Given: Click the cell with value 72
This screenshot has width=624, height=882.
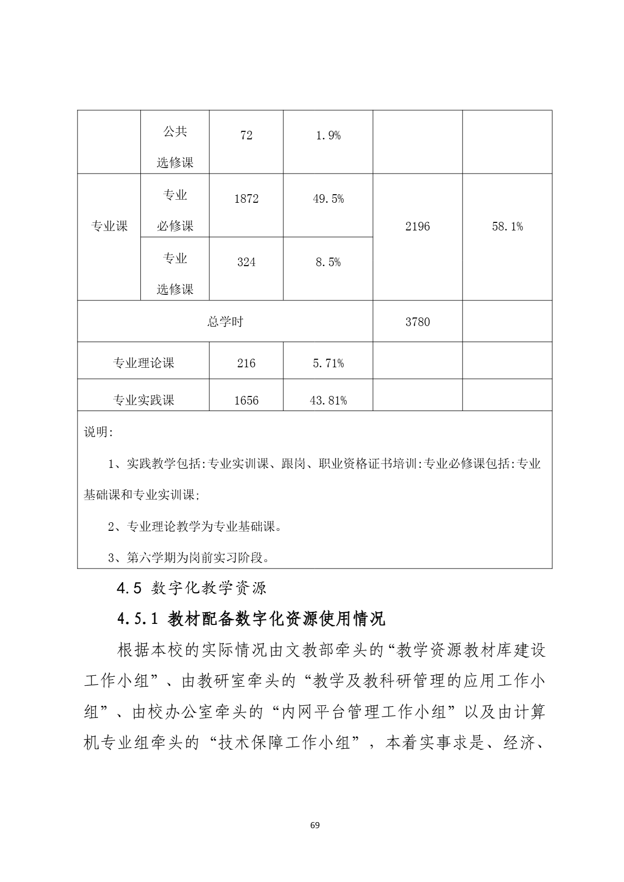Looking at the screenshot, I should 246,135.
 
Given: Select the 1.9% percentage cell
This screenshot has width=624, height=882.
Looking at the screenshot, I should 328,135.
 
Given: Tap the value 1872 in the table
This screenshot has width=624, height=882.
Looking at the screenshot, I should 246,199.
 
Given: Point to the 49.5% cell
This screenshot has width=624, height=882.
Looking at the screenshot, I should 328,199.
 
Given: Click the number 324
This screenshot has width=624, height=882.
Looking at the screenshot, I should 246,262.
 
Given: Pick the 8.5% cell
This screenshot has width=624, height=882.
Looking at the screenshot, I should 328,262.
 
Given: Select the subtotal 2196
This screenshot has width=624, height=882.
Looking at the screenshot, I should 418,226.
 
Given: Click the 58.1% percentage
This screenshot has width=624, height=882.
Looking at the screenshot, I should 507,226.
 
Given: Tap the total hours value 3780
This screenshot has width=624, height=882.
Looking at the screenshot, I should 418,322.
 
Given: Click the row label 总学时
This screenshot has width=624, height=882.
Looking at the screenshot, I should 225,322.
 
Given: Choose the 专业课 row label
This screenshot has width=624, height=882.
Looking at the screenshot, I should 109,226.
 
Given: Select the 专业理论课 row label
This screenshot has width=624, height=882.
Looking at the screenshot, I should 143,363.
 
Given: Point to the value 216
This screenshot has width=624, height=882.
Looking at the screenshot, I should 246,363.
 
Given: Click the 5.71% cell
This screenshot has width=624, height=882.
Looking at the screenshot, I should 328,363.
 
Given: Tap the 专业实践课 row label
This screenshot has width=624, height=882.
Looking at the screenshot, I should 143,400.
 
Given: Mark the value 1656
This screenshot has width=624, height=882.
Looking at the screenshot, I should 246,400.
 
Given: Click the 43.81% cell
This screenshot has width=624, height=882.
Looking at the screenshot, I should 328,400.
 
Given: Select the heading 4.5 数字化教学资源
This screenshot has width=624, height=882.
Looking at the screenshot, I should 191,588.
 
